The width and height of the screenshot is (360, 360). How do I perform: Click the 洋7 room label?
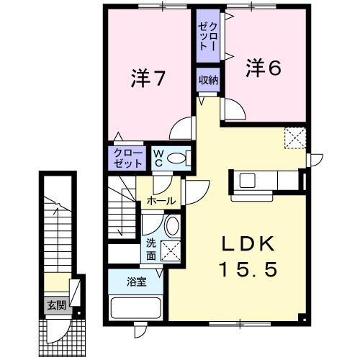point(148,78)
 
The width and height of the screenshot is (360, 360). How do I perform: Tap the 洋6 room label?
point(264,68)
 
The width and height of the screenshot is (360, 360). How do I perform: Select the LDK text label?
point(248,244)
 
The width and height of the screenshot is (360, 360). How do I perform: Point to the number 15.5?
point(248,269)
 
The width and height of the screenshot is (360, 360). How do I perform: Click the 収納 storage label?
point(208,80)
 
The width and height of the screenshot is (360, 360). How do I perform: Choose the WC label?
point(158,158)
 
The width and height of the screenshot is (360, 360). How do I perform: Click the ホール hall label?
point(161,201)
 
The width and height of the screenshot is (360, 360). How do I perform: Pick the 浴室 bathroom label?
point(136,282)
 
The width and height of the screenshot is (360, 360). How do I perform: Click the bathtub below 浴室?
point(135,308)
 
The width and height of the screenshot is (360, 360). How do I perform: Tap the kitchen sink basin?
point(247,180)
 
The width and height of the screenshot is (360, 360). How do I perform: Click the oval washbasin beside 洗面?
point(172,225)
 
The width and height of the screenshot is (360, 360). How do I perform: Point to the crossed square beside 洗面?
point(171,251)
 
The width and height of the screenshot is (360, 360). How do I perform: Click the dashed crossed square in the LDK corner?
point(295,138)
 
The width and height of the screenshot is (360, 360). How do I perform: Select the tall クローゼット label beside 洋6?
point(208,36)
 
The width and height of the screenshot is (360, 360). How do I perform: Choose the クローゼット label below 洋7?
point(127,158)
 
